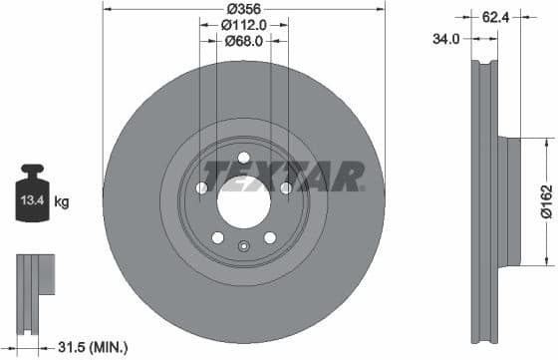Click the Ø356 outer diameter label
point(242,8)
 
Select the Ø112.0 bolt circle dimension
point(242,24)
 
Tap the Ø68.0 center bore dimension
point(242,41)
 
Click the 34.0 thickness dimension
point(447,39)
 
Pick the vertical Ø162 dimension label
point(546,200)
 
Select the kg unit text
point(62,202)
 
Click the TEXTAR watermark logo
point(283,178)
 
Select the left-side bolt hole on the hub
point(201,188)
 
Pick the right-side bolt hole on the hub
point(286,187)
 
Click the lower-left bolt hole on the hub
point(217,237)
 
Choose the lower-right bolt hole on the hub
point(270,237)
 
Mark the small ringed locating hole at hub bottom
point(244,248)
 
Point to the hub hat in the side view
point(510,202)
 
